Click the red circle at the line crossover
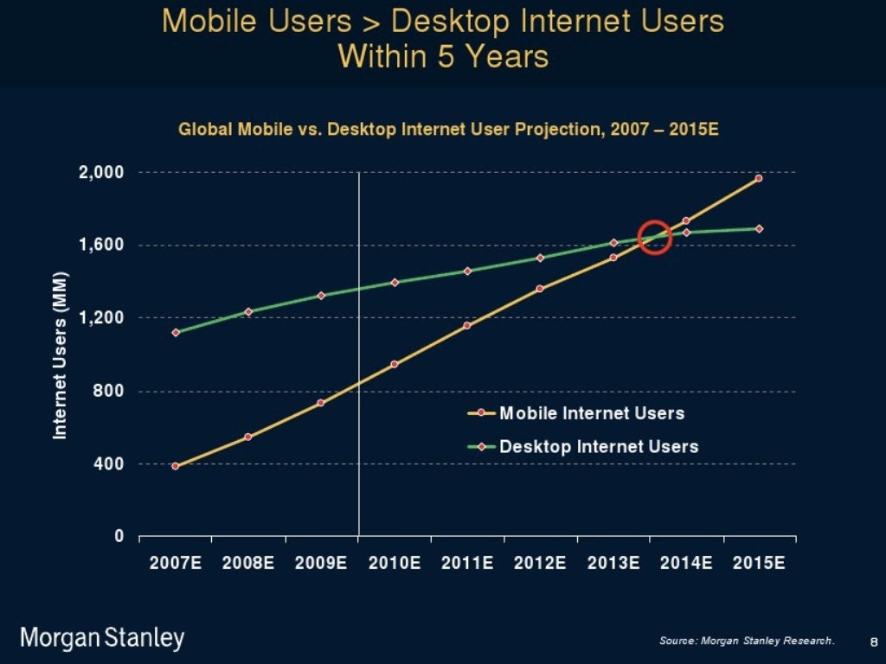[x=655, y=237]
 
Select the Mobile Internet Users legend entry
[x=592, y=413]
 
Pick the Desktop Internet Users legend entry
[x=599, y=447]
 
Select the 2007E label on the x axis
[x=176, y=564]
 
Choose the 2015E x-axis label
[x=759, y=564]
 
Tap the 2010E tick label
[x=395, y=564]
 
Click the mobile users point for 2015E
[x=759, y=178]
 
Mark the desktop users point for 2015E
[x=759, y=229]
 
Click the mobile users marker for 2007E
[x=176, y=466]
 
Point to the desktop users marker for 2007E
[x=176, y=332]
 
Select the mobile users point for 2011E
[x=467, y=325]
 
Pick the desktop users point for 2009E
[x=321, y=295]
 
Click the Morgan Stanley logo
[x=102, y=639]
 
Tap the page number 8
[x=873, y=641]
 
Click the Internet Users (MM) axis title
[x=60, y=354]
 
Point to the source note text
[x=746, y=641]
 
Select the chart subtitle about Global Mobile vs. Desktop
[x=448, y=131]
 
